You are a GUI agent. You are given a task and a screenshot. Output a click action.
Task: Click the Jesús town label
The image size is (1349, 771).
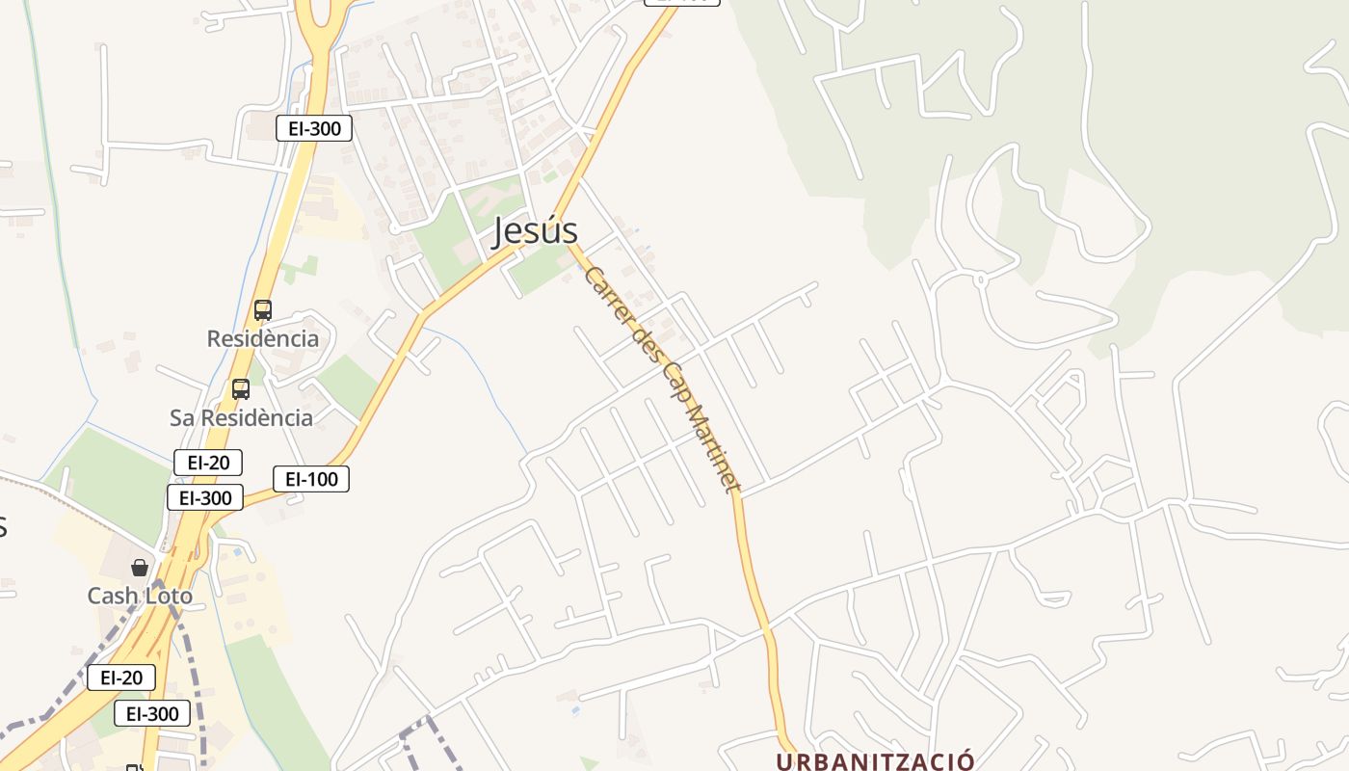[536, 231]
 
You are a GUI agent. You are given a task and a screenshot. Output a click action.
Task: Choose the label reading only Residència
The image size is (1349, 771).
[263, 338]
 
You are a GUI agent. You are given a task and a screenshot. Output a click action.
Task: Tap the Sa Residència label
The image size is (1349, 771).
[241, 417]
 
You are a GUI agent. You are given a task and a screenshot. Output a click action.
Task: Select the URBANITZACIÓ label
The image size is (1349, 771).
[876, 761]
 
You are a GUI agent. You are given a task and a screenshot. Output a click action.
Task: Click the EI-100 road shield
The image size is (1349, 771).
[311, 479]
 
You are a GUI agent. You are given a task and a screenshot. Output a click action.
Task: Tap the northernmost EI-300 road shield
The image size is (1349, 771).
[314, 128]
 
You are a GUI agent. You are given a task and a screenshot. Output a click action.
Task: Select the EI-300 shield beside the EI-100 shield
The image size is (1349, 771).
[205, 497]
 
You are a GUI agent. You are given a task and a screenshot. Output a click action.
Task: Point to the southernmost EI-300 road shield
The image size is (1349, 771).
[152, 713]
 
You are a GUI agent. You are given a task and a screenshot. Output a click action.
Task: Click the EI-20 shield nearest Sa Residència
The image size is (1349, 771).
[208, 463]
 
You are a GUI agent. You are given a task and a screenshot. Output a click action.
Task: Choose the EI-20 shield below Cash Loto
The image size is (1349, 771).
[121, 678]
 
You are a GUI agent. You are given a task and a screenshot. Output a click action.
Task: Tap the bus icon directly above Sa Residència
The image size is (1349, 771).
[241, 389]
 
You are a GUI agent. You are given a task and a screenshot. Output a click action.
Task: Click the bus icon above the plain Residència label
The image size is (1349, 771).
[263, 310]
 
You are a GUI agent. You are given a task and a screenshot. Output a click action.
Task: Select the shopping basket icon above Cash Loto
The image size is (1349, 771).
[140, 568]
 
